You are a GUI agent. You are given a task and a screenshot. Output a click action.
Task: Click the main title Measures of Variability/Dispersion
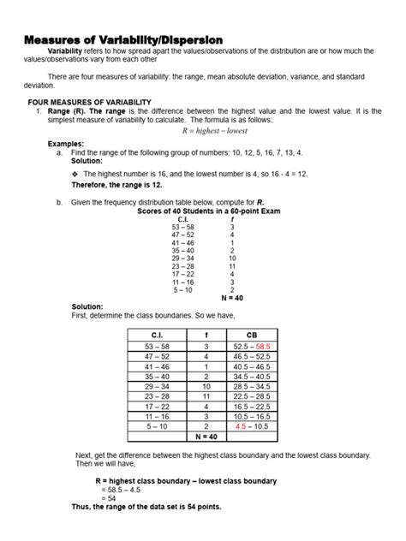[123, 40]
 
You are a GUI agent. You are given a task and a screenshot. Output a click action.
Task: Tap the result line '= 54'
[108, 497]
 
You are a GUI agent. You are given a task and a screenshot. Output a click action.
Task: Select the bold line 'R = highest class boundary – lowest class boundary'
[186, 481]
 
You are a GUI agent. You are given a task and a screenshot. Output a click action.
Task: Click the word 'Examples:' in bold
[65, 144]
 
